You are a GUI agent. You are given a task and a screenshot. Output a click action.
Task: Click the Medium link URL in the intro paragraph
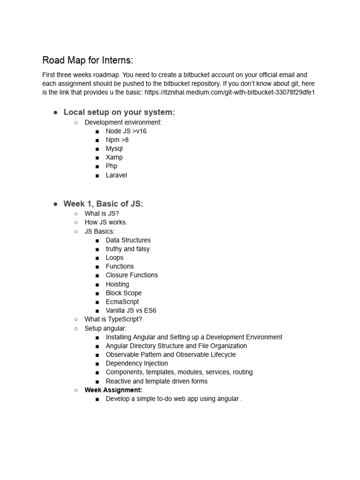pyautogui.click(x=230, y=92)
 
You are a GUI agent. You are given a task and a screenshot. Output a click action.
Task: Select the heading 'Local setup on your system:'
pyautogui.click(x=119, y=112)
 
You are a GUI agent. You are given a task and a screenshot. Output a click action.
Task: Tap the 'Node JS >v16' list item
pyautogui.click(x=126, y=131)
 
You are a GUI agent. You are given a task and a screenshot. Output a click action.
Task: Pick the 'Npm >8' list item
pyautogui.click(x=117, y=140)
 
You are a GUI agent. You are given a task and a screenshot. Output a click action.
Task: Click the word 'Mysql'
pyautogui.click(x=114, y=149)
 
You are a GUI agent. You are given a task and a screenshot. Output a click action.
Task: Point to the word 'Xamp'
pyautogui.click(x=114, y=157)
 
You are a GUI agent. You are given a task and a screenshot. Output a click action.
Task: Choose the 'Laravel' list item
pyautogui.click(x=116, y=175)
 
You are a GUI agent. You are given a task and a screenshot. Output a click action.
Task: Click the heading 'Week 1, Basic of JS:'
pyautogui.click(x=103, y=203)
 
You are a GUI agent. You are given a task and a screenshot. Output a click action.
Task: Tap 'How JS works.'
pyautogui.click(x=106, y=222)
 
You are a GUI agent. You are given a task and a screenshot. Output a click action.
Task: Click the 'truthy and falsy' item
pyautogui.click(x=127, y=249)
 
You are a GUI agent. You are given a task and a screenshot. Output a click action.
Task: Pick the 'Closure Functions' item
pyautogui.click(x=132, y=275)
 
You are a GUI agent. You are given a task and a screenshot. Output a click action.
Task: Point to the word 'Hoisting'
pyautogui.click(x=117, y=284)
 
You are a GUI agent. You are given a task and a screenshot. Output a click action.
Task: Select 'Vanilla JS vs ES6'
pyautogui.click(x=131, y=310)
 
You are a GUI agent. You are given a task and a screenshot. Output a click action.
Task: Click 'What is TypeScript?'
pyautogui.click(x=113, y=319)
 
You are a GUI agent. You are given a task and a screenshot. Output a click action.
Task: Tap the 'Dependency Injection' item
pyautogui.click(x=137, y=363)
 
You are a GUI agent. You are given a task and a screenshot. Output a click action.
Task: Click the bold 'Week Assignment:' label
pyautogui.click(x=113, y=390)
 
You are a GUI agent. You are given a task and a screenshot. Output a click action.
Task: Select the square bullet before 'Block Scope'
pyautogui.click(x=97, y=293)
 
